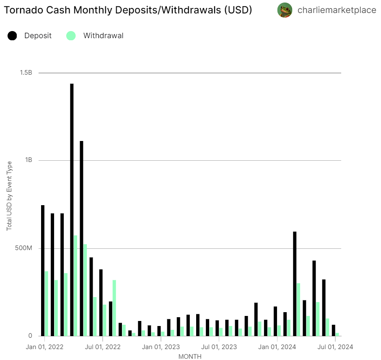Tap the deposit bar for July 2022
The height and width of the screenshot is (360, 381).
point(101,303)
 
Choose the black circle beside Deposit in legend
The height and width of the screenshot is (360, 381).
point(12,36)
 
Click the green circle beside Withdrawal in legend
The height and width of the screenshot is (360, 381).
point(71,36)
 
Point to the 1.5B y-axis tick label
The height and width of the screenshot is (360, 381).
point(26,73)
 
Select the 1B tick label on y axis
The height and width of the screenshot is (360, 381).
point(29,160)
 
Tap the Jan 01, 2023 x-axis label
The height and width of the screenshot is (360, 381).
point(161,347)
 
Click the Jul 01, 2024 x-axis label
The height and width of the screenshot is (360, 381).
point(335,347)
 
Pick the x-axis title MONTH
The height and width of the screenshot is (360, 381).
point(190,357)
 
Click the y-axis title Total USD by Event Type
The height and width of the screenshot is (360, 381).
point(9,196)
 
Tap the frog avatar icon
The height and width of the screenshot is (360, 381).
point(285,10)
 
